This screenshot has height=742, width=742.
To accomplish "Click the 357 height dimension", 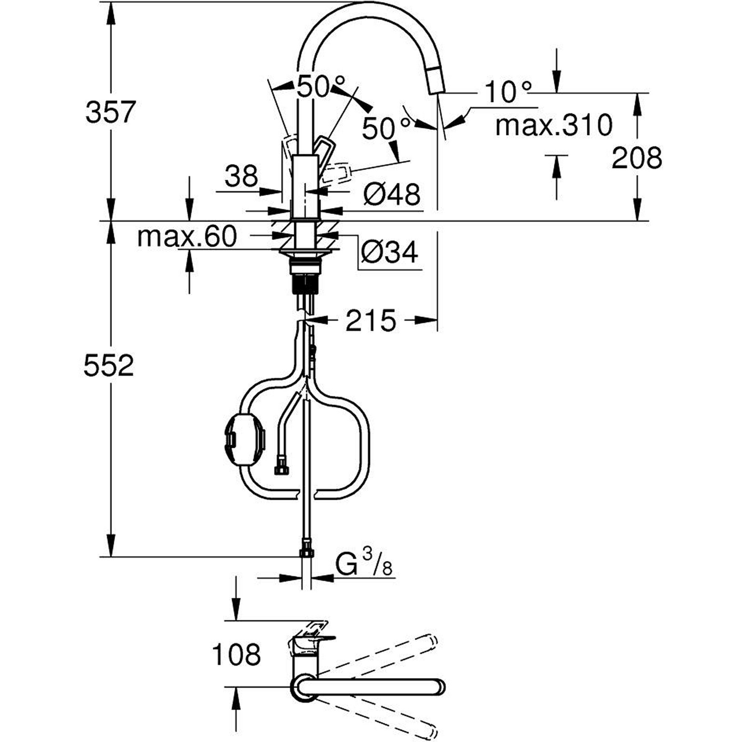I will pyautogui.click(x=110, y=112).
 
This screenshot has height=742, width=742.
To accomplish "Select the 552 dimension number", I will pyautogui.click(x=109, y=366).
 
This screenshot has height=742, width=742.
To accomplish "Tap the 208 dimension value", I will pyautogui.click(x=636, y=157).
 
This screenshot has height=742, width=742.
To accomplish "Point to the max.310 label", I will pyautogui.click(x=554, y=125).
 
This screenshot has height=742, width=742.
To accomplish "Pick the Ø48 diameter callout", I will pyautogui.click(x=392, y=194).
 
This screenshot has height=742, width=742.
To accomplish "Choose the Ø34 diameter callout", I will pyautogui.click(x=389, y=252).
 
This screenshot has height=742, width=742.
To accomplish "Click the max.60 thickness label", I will pyautogui.click(x=187, y=237).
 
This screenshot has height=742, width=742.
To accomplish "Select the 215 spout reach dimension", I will pyautogui.click(x=370, y=321).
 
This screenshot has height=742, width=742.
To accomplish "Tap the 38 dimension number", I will pyautogui.click(x=241, y=176).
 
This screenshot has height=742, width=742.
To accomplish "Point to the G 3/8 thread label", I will pyautogui.click(x=365, y=564).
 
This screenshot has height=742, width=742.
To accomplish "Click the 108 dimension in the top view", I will pyautogui.click(x=236, y=654).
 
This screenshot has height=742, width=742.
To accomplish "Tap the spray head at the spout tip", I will pyautogui.click(x=435, y=79).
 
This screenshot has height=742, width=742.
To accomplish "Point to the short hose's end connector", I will pyautogui.click(x=282, y=467).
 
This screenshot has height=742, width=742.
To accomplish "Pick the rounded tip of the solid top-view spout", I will pyautogui.click(x=439, y=686).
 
